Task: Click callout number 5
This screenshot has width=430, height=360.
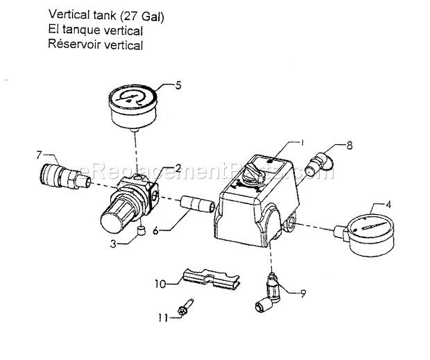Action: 178,86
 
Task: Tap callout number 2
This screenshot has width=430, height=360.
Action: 178,168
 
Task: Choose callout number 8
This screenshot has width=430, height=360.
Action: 350,146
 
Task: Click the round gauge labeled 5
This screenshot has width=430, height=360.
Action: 132,102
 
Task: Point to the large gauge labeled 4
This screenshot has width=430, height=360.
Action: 371,235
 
